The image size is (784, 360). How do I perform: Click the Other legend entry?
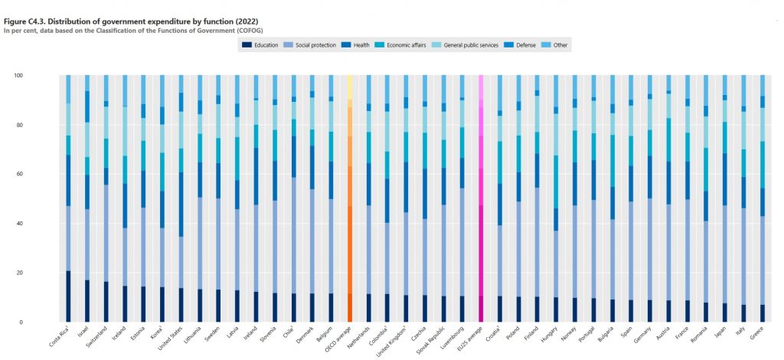pos(557,45)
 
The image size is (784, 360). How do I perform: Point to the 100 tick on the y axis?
pos(19,75)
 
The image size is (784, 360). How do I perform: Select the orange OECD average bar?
pos(349,199)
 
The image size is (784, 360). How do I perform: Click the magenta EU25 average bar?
pos(481,199)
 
